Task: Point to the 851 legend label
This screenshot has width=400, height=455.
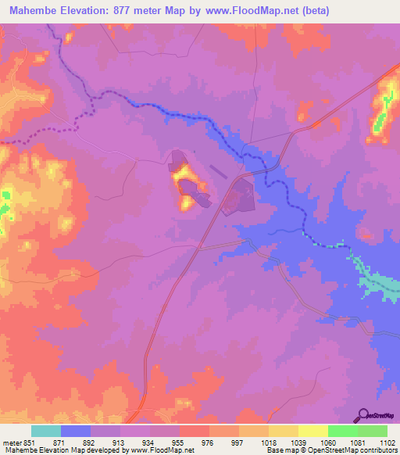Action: (29, 442)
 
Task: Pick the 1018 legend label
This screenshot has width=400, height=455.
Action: (269, 442)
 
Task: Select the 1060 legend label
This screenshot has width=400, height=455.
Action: (327, 442)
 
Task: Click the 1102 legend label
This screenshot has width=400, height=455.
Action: (387, 442)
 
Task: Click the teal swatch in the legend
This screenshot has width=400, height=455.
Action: (46, 431)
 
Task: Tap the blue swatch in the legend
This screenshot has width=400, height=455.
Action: (76, 431)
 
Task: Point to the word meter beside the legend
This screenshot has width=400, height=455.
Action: (11, 442)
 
